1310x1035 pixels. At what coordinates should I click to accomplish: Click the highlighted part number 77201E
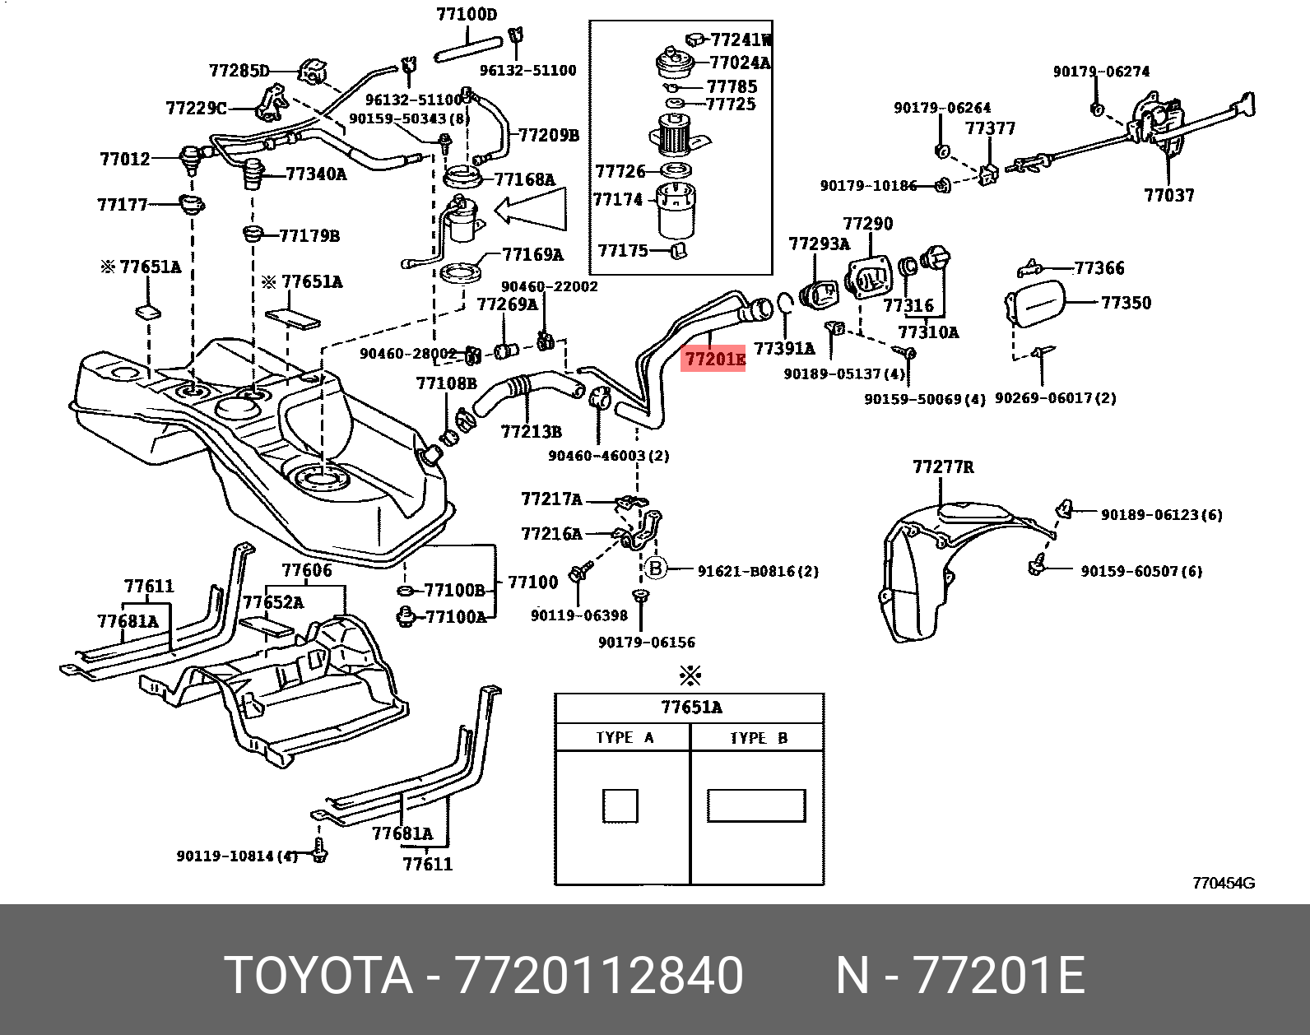pos(713,360)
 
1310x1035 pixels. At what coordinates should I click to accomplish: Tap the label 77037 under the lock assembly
pos(1168,195)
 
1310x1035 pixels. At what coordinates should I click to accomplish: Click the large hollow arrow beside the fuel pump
pos(532,210)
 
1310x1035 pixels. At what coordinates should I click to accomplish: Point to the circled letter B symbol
pos(656,568)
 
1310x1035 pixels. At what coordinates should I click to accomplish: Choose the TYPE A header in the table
pos(624,737)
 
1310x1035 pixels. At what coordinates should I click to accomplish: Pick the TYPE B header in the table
pos(758,737)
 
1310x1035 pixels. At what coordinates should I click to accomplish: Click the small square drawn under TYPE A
pos(620,805)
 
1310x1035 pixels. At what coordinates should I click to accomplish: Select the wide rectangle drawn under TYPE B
pos(755,805)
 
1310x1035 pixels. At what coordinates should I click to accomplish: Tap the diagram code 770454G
pos(1223,884)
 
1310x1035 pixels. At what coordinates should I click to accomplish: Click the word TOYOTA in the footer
pos(318,976)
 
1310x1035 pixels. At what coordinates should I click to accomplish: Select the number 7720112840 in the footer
pos(599,976)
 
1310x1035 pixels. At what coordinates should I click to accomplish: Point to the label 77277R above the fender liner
pos(942,467)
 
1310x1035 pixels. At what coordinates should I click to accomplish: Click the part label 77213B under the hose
pos(532,431)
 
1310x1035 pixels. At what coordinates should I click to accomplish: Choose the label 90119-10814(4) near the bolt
pos(236,856)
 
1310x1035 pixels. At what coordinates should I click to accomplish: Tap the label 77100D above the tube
pos(467,14)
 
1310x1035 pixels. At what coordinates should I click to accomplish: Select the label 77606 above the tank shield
pos(306,570)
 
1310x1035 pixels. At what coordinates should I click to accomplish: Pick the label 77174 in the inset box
pos(618,200)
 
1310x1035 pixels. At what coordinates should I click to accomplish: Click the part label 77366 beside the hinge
pos(1099,268)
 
